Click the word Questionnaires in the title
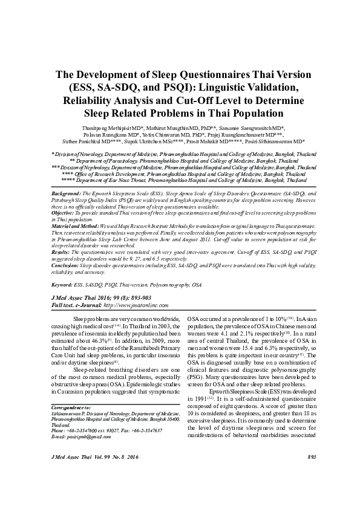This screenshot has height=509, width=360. coord(212,75)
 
